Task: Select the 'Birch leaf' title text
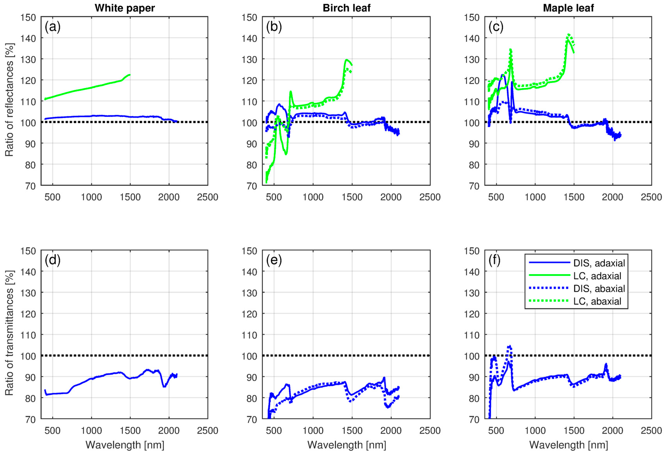[x=346, y=8]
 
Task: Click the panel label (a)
[x=53, y=27]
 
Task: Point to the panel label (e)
[x=274, y=260]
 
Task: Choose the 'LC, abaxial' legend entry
[x=597, y=301]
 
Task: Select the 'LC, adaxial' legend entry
[x=597, y=276]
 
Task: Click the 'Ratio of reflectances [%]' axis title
[x=9, y=100]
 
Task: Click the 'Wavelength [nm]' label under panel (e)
[x=347, y=445]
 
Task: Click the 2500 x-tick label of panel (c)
[x=651, y=197]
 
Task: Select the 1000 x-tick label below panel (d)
[x=91, y=430]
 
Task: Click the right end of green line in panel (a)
[x=130, y=75]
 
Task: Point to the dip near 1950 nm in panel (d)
[x=164, y=386]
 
